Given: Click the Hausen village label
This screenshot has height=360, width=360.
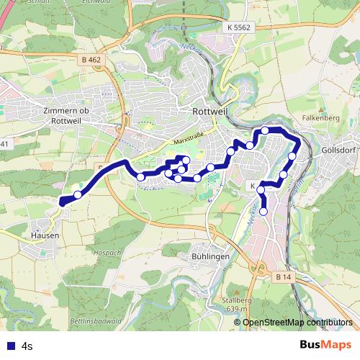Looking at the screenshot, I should [x=44, y=234].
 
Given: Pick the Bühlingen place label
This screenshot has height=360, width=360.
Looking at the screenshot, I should [x=210, y=256].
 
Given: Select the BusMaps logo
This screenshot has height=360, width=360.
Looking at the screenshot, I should [x=327, y=345].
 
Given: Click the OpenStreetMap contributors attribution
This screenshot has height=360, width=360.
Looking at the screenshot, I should [x=297, y=323].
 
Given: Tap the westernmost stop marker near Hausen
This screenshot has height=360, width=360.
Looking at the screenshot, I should [x=78, y=194].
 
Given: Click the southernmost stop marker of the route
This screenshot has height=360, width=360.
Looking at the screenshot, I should [x=264, y=211].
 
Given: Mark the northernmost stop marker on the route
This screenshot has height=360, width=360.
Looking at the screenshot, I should [x=265, y=130].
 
